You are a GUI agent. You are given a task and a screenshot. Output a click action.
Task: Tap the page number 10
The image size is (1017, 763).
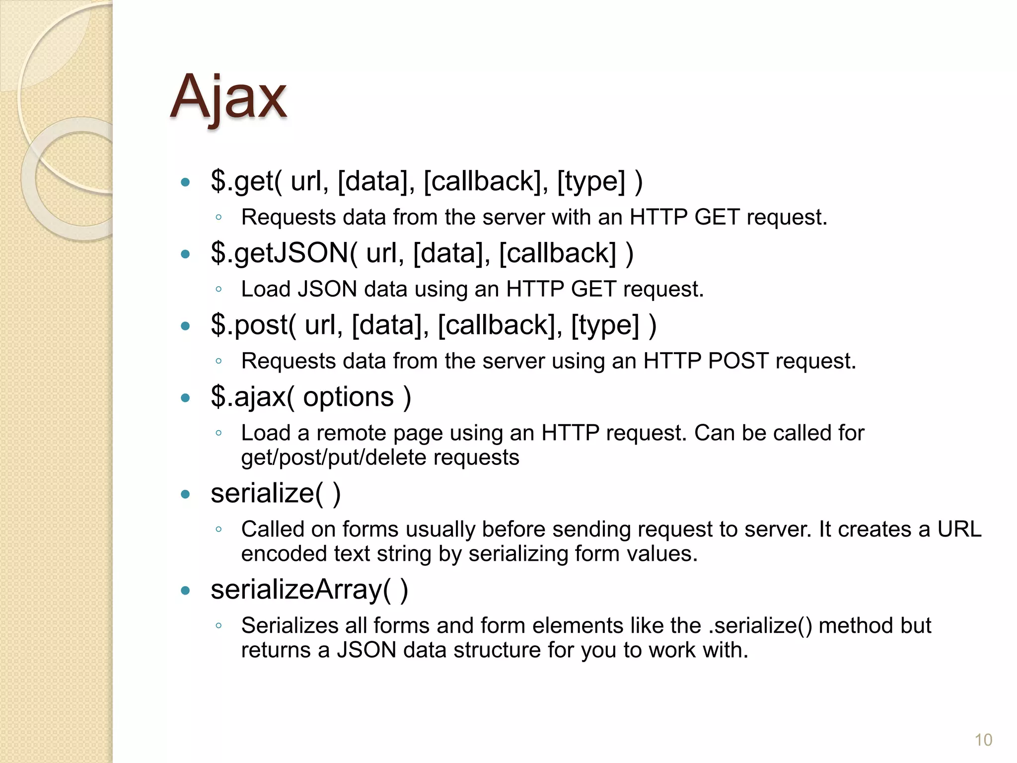pyautogui.click(x=983, y=740)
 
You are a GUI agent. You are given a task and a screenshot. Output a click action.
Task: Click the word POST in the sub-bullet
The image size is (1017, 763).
pyautogui.click(x=738, y=361)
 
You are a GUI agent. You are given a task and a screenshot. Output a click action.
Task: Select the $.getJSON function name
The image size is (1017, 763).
pyautogui.click(x=280, y=253)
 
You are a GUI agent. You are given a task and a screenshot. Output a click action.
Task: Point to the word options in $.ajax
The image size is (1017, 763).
pyautogui.click(x=348, y=397)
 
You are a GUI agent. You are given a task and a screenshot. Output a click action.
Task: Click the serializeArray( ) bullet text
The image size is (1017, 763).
pyautogui.click(x=309, y=590)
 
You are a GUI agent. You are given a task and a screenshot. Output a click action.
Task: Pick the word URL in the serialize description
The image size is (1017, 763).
pyautogui.click(x=959, y=529)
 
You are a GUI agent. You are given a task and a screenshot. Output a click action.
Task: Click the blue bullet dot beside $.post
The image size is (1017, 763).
pyautogui.click(x=186, y=326)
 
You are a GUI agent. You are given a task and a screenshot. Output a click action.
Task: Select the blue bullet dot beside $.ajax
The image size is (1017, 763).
pyautogui.click(x=186, y=398)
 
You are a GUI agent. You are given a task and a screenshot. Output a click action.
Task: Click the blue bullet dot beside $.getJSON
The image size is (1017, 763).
pyautogui.click(x=186, y=254)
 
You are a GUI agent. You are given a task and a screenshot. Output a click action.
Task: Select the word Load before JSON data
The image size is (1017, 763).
pyautogui.click(x=264, y=289)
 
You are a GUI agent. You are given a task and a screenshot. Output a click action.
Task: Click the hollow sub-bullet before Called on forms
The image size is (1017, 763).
pyautogui.click(x=218, y=530)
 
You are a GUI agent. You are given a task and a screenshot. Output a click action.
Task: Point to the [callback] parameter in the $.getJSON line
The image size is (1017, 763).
pyautogui.click(x=557, y=253)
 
